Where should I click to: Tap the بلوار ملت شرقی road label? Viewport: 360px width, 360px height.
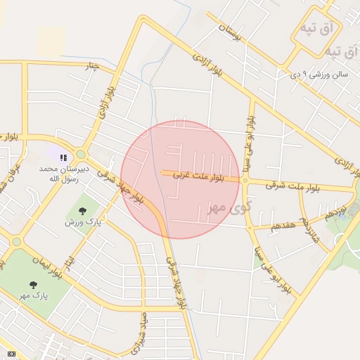tap(293, 186)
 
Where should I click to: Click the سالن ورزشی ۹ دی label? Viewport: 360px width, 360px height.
tap(320, 73)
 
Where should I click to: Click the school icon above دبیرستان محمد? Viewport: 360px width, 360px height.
tap(63, 158)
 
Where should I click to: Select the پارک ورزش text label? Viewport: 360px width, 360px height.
tap(83, 223)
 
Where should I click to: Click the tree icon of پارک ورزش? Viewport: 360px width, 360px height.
tap(83, 211)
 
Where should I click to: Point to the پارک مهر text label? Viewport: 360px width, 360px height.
tap(34, 296)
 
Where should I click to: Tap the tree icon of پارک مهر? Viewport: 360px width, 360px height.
tap(33, 285)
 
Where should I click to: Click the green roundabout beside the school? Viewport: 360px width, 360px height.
tap(81, 154)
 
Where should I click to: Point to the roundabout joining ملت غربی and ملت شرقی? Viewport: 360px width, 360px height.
tap(245, 180)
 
